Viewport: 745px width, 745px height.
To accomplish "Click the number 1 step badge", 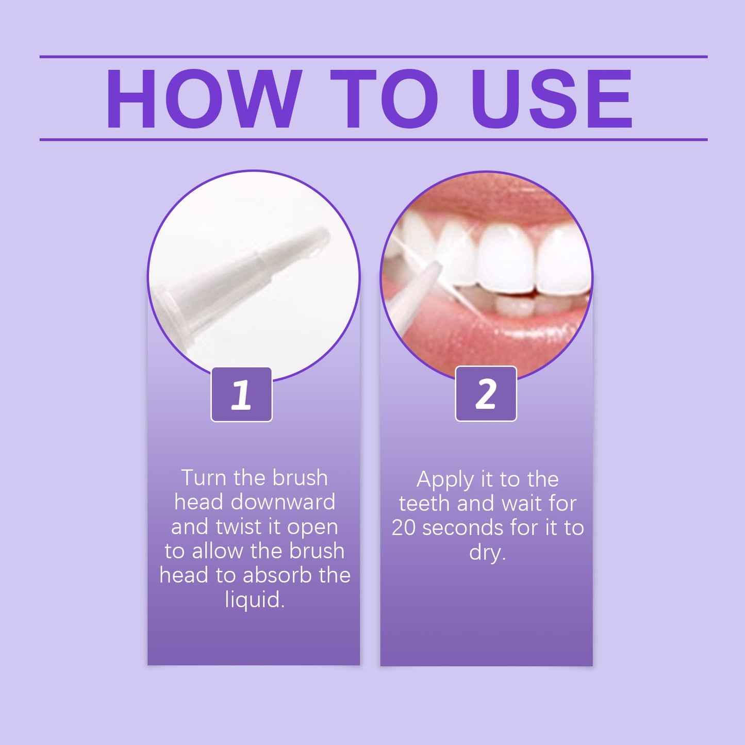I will pos(241,395).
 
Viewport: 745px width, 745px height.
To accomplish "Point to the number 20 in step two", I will pos(403,528).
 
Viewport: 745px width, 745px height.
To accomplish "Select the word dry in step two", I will pos(486,553).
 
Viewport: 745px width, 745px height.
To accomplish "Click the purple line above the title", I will pos(373,57).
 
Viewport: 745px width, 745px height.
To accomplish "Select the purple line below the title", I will pos(373,139).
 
